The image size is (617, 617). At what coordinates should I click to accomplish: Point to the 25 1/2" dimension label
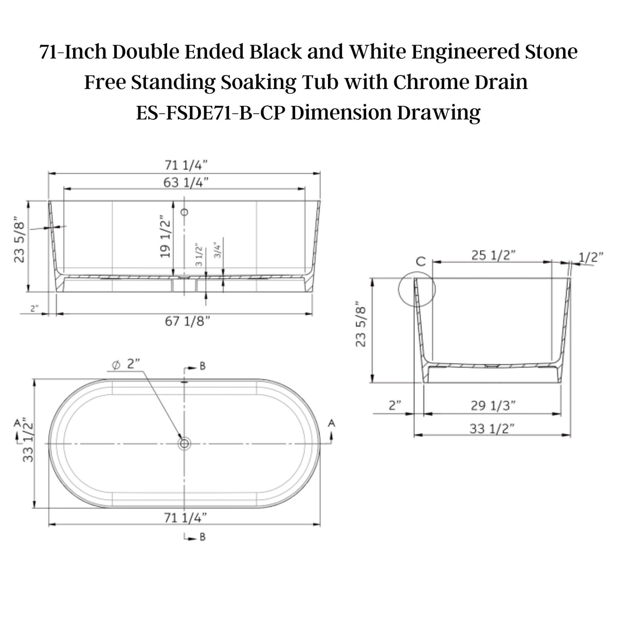[x=494, y=255]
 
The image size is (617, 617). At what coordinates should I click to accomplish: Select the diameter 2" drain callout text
[x=125, y=364]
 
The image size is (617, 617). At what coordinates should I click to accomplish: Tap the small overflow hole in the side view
[x=185, y=211]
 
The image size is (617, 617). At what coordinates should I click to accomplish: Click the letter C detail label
[x=421, y=261]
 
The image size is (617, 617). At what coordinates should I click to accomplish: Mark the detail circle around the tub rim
[x=416, y=289]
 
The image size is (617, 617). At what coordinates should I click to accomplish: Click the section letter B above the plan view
[x=203, y=366]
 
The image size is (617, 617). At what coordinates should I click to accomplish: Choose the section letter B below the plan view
[x=203, y=537]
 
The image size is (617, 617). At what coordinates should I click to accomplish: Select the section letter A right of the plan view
[x=332, y=423]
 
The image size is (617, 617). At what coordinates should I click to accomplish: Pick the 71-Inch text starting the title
[x=73, y=51]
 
